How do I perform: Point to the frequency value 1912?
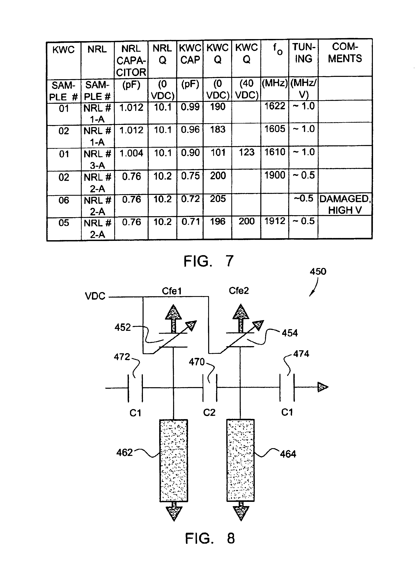coord(275,221)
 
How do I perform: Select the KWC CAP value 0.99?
coord(190,107)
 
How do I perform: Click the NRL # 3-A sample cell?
coord(98,160)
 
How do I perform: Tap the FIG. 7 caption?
coord(208,261)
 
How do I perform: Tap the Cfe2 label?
coord(239,291)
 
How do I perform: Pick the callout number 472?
coord(122,357)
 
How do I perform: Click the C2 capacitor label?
coord(209,413)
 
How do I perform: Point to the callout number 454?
coord(290,333)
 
